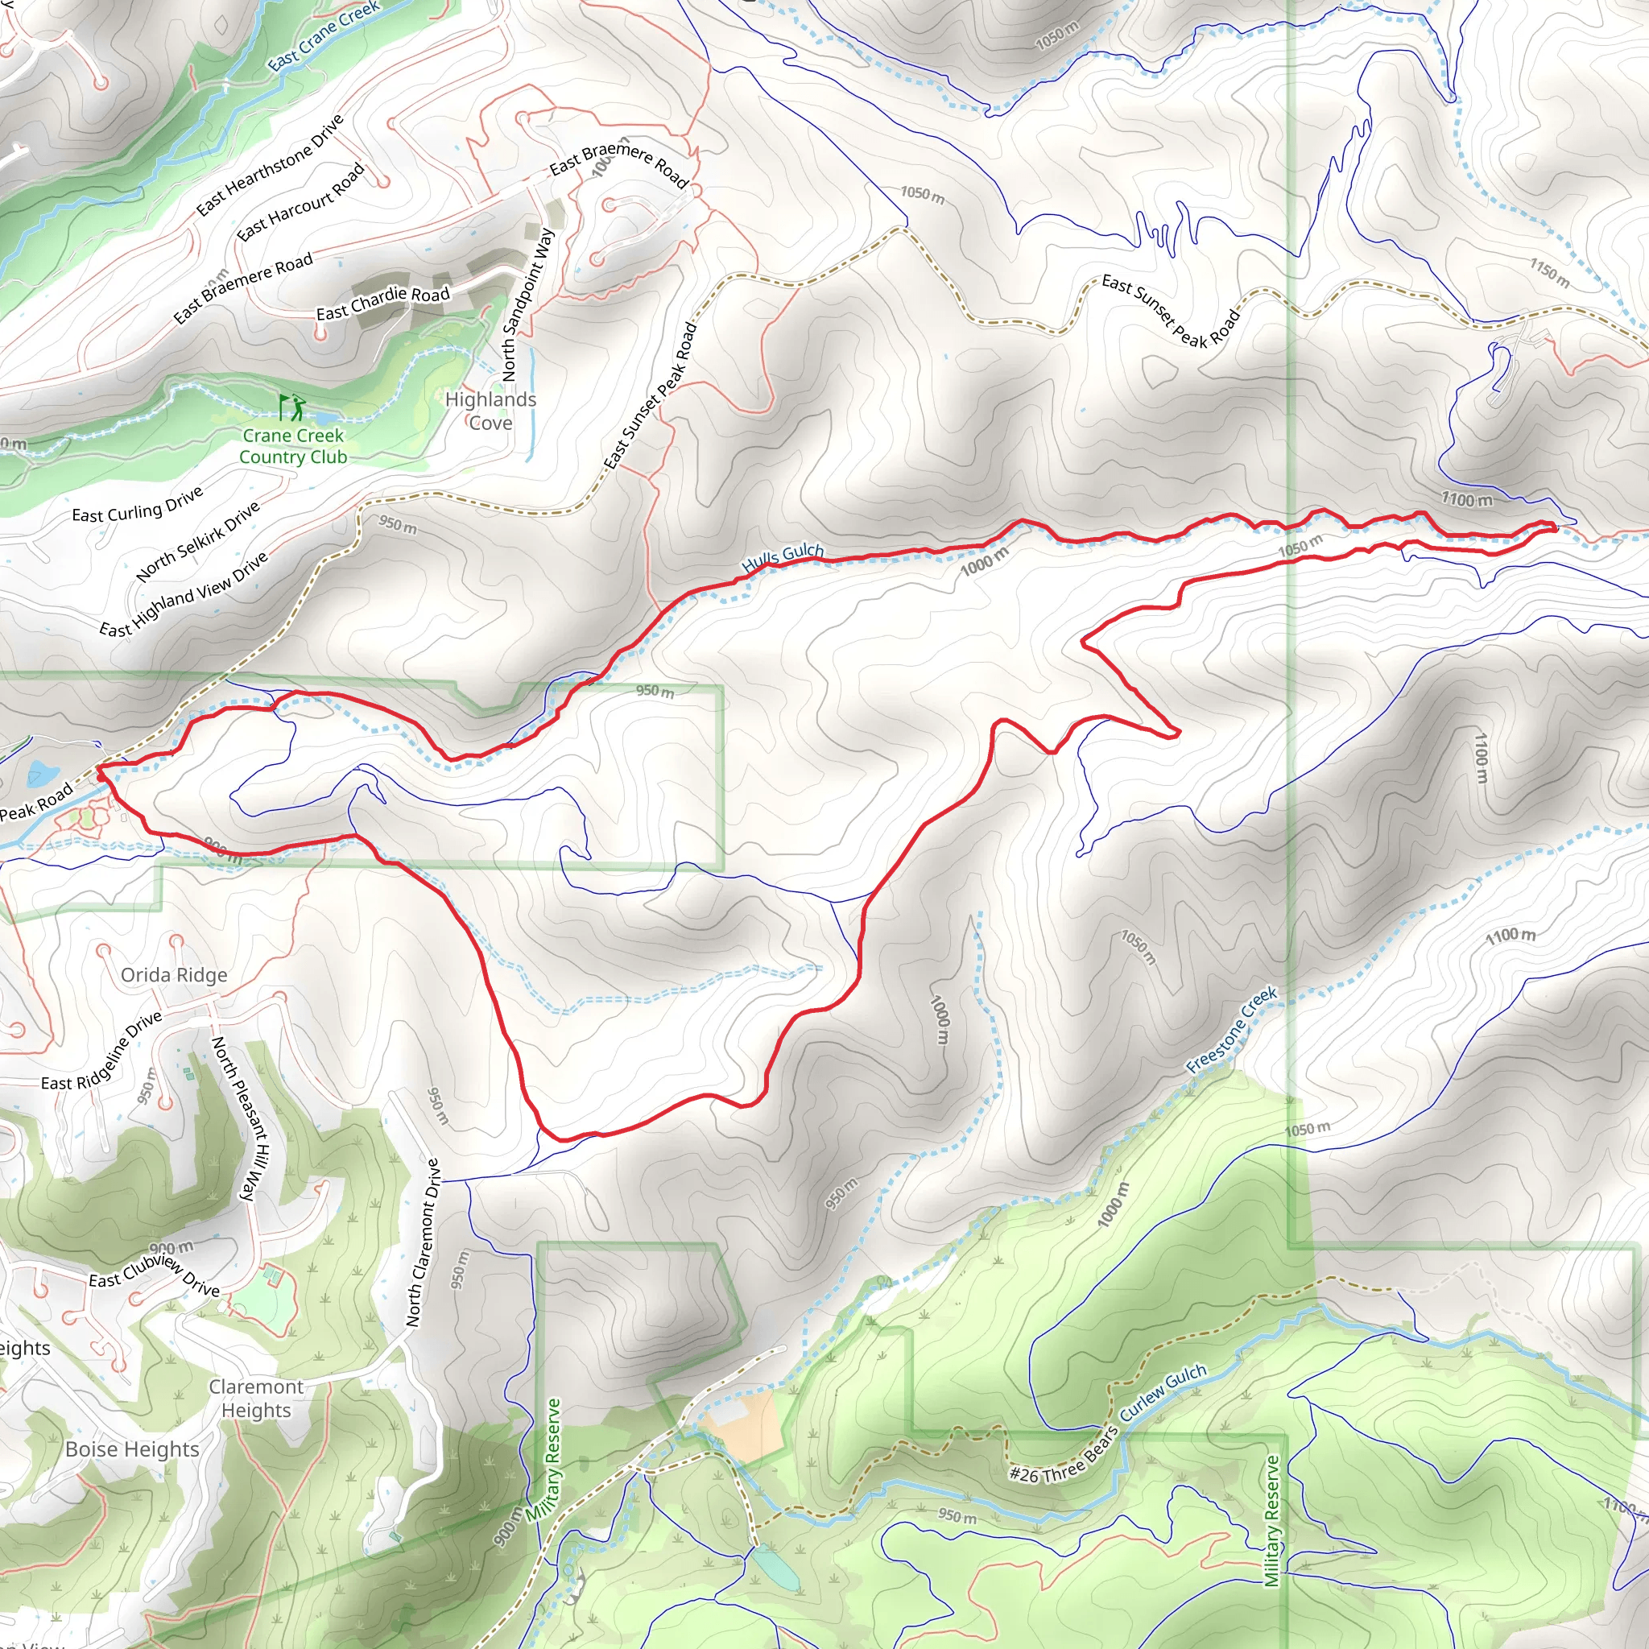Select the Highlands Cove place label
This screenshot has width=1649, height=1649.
click(x=491, y=411)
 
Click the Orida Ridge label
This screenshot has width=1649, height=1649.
click(x=174, y=975)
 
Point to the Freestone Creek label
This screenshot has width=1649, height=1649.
click(x=1232, y=1030)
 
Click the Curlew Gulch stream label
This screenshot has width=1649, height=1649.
click(x=1163, y=1393)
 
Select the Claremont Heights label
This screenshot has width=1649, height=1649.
click(x=256, y=1398)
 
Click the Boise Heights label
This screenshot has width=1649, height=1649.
click(x=132, y=1449)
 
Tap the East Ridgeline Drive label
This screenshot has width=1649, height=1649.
click(x=101, y=1052)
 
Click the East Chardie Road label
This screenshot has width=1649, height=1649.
click(x=382, y=303)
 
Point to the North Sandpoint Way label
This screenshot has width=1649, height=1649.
click(x=527, y=304)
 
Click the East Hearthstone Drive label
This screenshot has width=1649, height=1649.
click(x=270, y=165)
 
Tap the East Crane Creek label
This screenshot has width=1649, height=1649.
click(x=324, y=36)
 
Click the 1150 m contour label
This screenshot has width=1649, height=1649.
click(x=1549, y=273)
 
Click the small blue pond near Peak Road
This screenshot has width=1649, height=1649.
click(x=41, y=773)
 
